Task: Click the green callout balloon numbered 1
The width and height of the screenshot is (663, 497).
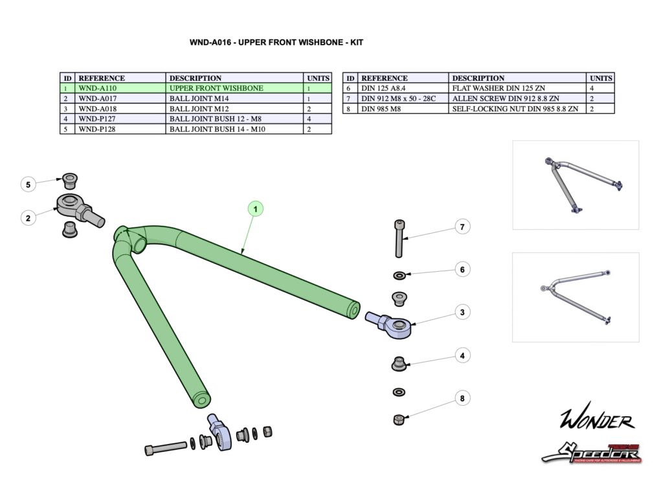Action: pos(256,209)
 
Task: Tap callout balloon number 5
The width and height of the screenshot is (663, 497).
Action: pos(28,184)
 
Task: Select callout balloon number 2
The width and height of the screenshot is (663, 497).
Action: pos(28,218)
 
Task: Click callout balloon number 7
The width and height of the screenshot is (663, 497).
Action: pos(462,227)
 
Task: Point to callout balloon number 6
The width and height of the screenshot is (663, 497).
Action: pos(462,269)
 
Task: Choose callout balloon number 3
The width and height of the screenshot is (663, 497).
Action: pos(462,313)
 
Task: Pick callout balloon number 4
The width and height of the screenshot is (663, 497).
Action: pos(462,355)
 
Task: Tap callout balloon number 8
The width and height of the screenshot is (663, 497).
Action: pos(462,398)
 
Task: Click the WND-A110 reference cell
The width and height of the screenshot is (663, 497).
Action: pos(97,88)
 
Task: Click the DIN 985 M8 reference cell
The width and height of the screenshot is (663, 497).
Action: pos(383,109)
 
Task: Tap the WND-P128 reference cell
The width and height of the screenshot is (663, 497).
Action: pos(96,129)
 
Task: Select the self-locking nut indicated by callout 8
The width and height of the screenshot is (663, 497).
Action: pos(399,419)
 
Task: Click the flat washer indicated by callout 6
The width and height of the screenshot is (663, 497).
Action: pos(399,276)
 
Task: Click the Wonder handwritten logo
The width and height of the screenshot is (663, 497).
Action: pos(596,421)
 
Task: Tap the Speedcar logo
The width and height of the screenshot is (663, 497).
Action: pos(591,452)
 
